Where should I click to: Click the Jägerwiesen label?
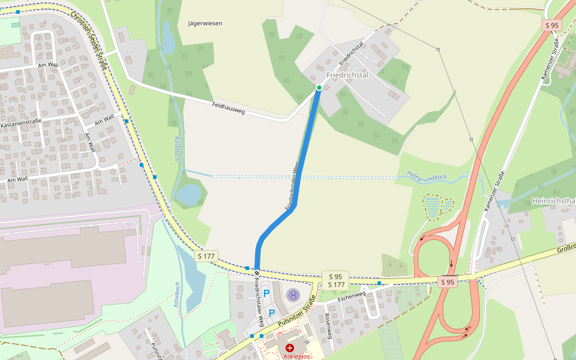coord(205,23)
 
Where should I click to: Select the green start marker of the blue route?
coord(319,88)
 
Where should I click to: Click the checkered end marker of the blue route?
coord(257,272)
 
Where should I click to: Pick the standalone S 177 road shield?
coord(206,256)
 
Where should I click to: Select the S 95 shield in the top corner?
coord(551,25)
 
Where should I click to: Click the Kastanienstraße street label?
coord(21,124)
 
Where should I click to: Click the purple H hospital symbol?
coord(292,295)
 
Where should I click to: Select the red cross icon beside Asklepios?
coord(290,348)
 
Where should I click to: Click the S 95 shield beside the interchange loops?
coord(448,282)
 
